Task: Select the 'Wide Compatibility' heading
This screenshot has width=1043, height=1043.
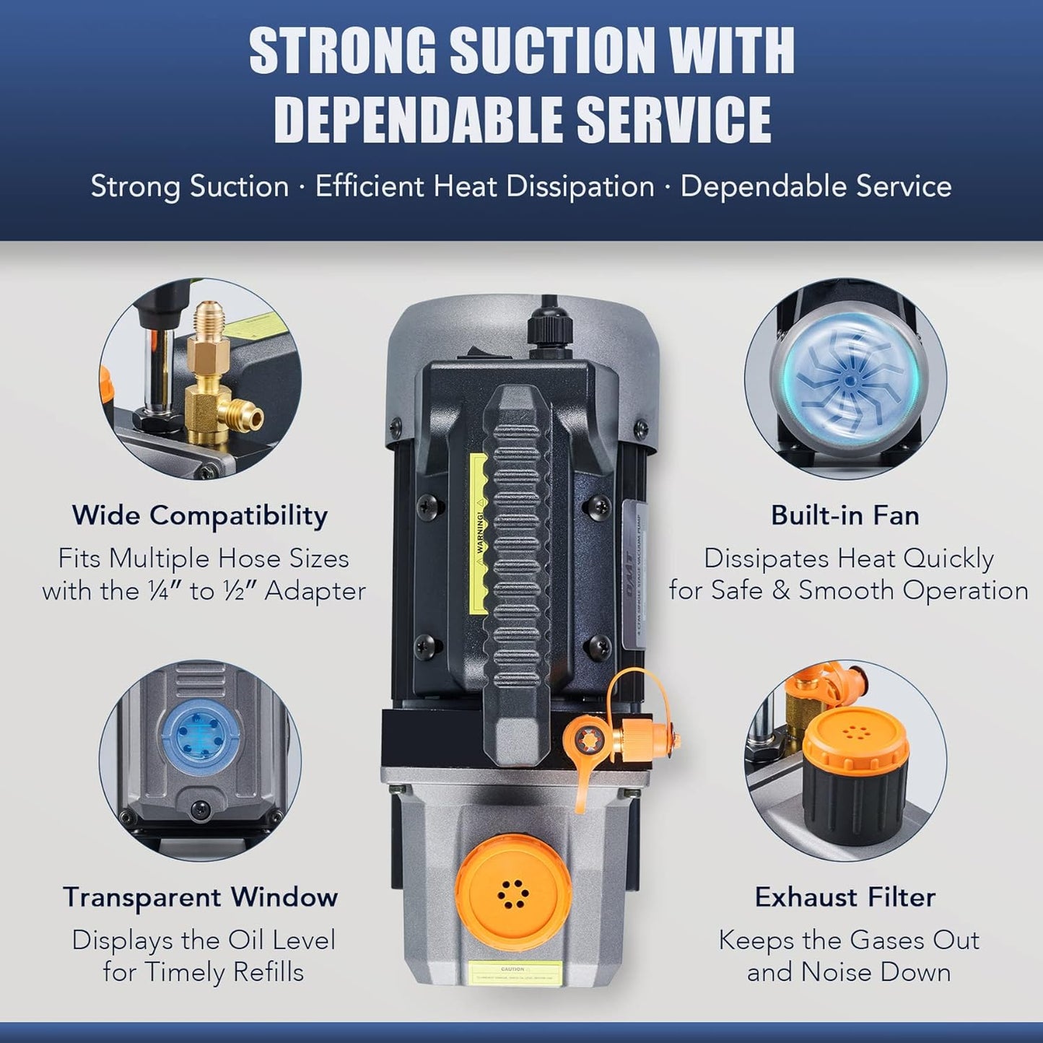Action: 199,515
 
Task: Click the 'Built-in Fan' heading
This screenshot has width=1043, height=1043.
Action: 845,515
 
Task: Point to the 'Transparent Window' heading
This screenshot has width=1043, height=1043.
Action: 200,897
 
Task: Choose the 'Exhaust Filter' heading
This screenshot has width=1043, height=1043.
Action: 845,897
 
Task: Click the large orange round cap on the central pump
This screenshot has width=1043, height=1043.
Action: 512,888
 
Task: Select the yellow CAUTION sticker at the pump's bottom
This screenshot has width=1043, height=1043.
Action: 512,972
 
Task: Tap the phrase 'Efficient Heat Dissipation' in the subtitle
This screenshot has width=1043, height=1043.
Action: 484,187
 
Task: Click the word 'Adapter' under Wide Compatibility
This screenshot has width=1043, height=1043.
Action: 315,591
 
